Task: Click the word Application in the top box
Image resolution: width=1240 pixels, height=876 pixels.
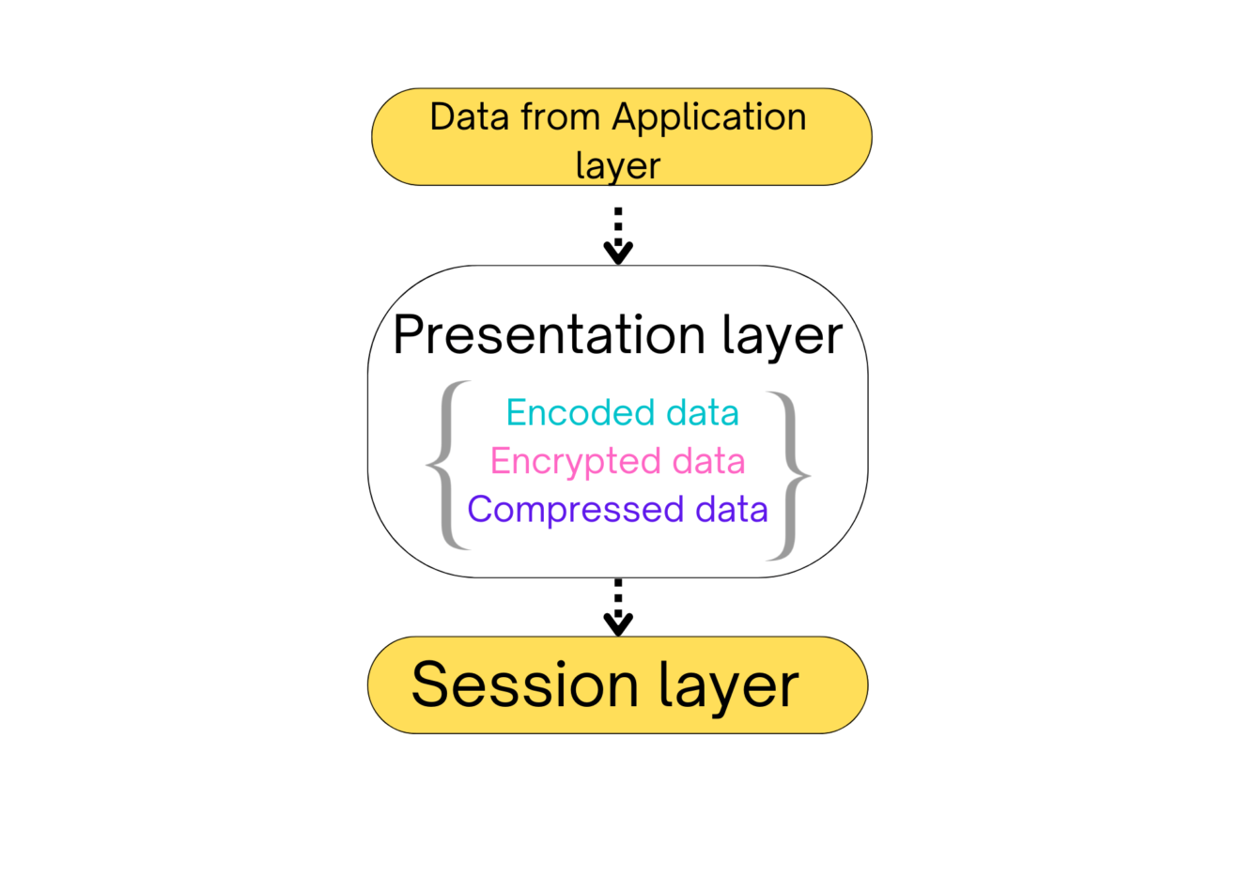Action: [x=709, y=119]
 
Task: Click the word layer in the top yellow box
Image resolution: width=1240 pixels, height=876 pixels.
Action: [x=618, y=165]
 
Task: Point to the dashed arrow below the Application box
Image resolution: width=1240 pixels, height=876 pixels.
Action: [x=618, y=237]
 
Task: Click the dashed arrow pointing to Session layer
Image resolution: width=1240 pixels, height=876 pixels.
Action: [x=618, y=607]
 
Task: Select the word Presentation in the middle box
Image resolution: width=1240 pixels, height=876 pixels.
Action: [x=550, y=335]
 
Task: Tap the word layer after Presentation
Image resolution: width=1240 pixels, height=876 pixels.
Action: [x=783, y=338]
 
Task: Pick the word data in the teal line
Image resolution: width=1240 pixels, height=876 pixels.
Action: [x=703, y=413]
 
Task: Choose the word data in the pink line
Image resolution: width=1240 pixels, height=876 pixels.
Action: [x=708, y=461]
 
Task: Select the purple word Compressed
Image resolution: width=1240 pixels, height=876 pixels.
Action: [x=575, y=509]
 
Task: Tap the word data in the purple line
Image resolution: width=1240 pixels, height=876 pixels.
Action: [x=732, y=509]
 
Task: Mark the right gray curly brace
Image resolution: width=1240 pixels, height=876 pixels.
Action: [x=792, y=476]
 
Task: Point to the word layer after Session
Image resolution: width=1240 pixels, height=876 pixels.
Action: [x=729, y=688]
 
